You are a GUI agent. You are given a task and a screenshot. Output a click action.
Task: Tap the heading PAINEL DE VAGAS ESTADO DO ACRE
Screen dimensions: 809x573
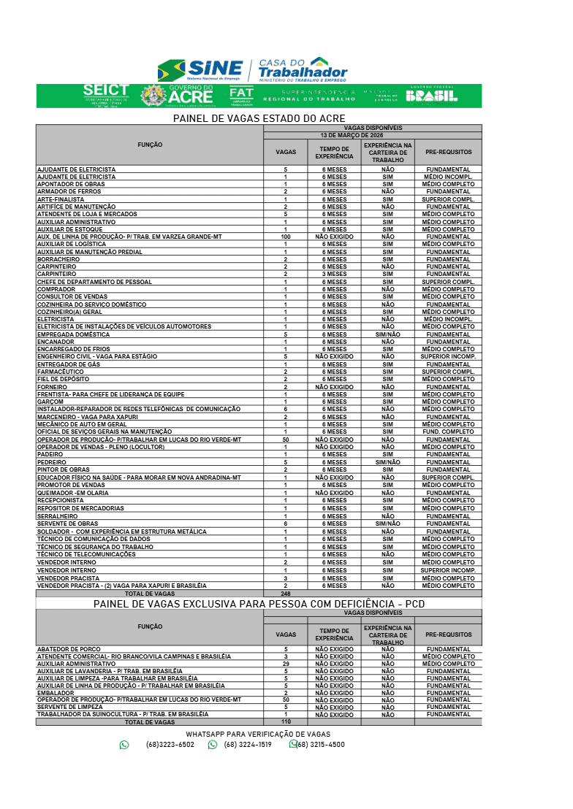click(259, 118)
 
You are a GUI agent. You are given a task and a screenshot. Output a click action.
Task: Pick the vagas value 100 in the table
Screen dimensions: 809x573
click(285, 237)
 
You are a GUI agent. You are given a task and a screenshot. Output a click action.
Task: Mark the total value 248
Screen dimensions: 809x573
click(285, 594)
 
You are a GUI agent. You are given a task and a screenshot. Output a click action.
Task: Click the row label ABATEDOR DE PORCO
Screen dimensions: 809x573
click(69, 649)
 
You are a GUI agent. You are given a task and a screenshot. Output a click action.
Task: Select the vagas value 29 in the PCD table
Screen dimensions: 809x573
click(285, 664)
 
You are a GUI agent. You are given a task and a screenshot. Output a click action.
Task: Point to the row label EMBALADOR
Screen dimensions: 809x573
click(56, 693)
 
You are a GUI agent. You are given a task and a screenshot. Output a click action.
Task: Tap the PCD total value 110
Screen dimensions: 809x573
click(285, 721)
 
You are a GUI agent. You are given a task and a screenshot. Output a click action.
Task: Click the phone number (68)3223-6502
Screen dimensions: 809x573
click(170, 745)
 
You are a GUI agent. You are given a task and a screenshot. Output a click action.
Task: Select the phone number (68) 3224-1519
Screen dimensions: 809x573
click(248, 745)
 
